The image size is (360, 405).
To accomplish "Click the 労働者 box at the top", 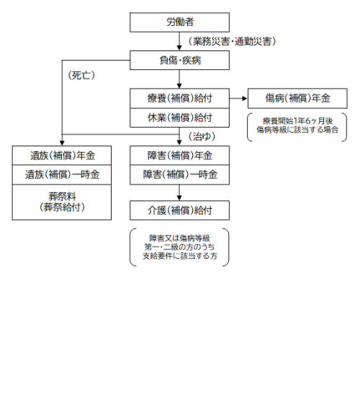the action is (179, 22).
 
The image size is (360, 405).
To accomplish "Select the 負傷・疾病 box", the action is (179, 61).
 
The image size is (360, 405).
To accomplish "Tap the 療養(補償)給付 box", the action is (179, 99).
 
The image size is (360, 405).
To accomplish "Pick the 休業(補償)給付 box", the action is (179, 117).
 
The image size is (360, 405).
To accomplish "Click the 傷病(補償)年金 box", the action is (297, 99).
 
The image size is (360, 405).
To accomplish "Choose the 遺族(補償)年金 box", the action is (62, 156).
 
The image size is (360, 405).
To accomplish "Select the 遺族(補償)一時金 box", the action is (62, 175).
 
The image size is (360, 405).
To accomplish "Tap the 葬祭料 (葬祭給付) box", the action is (62, 202).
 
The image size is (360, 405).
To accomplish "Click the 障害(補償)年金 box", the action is (179, 156).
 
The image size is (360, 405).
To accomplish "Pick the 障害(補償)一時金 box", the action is (179, 175).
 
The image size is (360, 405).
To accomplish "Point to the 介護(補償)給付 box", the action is (179, 210).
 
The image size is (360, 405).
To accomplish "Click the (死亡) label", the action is (81, 76).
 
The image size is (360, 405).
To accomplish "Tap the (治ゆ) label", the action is (202, 136).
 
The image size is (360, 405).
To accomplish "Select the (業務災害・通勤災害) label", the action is (232, 41).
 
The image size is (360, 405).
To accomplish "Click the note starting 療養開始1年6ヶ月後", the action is (297, 125).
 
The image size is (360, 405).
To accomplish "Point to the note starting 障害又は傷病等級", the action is (179, 247).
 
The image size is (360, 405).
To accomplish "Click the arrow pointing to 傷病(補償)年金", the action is (238, 99).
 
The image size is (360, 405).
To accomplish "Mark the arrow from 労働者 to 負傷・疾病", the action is (179, 41).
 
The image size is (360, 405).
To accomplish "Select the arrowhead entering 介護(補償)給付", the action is (179, 198).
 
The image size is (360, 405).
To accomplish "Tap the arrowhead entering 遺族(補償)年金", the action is (62, 143).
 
